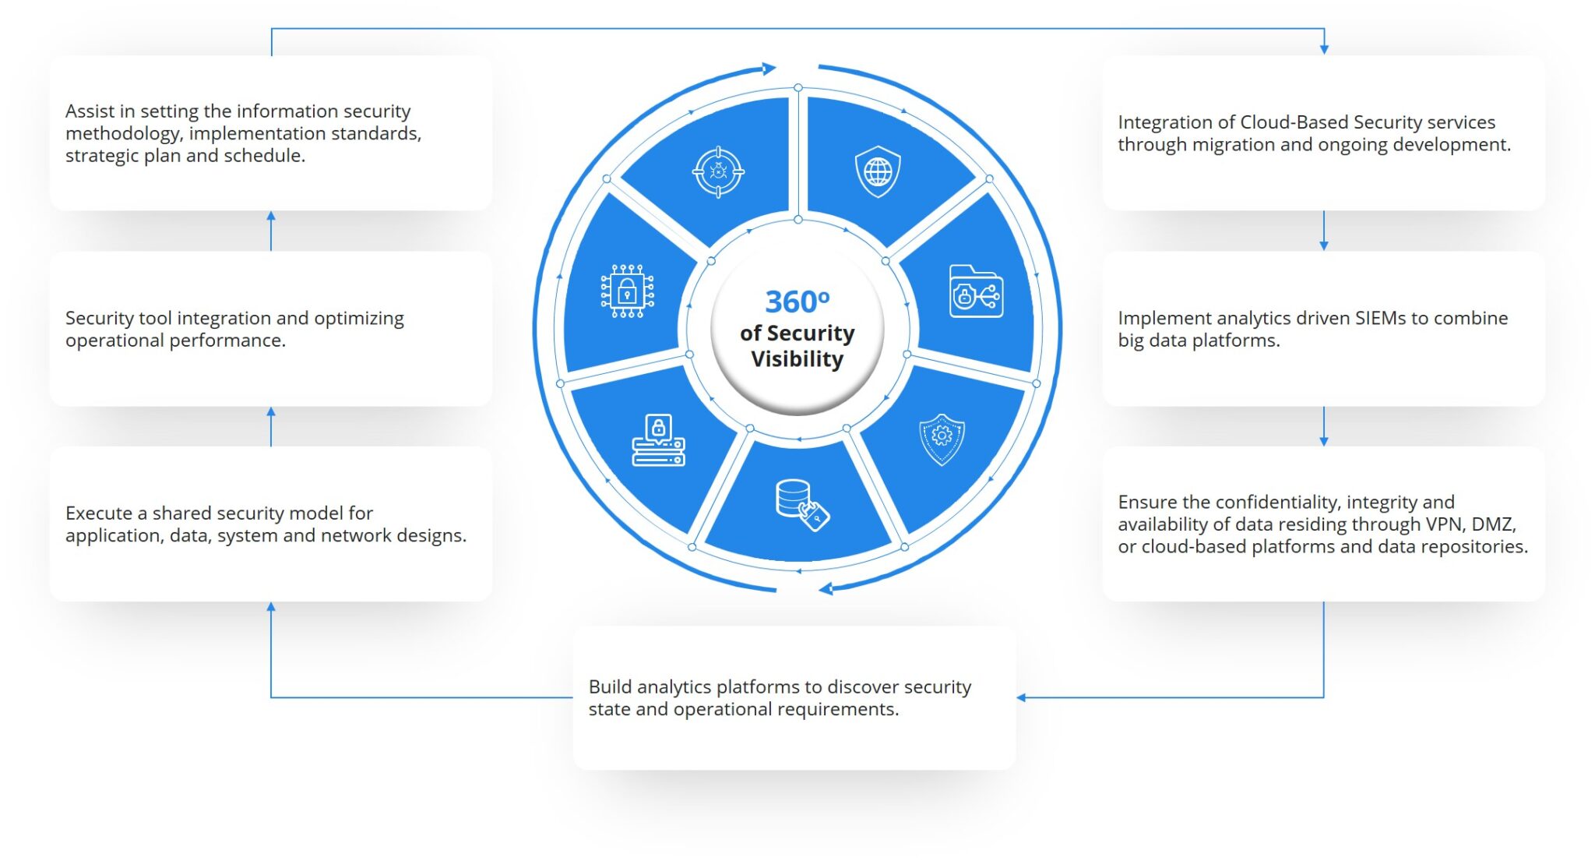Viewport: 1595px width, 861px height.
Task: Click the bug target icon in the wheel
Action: click(x=718, y=171)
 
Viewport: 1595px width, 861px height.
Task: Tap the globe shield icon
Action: click(x=878, y=171)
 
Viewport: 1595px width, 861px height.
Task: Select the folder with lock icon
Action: click(x=976, y=291)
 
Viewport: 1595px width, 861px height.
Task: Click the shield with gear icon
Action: click(x=942, y=439)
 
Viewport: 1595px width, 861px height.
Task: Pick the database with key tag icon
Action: click(x=802, y=505)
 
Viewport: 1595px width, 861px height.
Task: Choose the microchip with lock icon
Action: click(x=627, y=291)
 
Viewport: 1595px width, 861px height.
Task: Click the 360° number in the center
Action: click(x=797, y=302)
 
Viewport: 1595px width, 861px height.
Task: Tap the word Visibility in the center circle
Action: click(x=797, y=359)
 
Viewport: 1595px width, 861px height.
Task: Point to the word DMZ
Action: click(x=1493, y=524)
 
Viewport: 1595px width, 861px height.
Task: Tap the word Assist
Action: click(x=90, y=111)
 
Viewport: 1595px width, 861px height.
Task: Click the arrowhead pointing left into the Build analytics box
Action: click(x=1021, y=697)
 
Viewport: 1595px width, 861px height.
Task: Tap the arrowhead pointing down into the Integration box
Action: click(x=1324, y=50)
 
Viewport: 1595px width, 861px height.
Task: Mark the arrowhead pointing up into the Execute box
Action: click(x=271, y=607)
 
